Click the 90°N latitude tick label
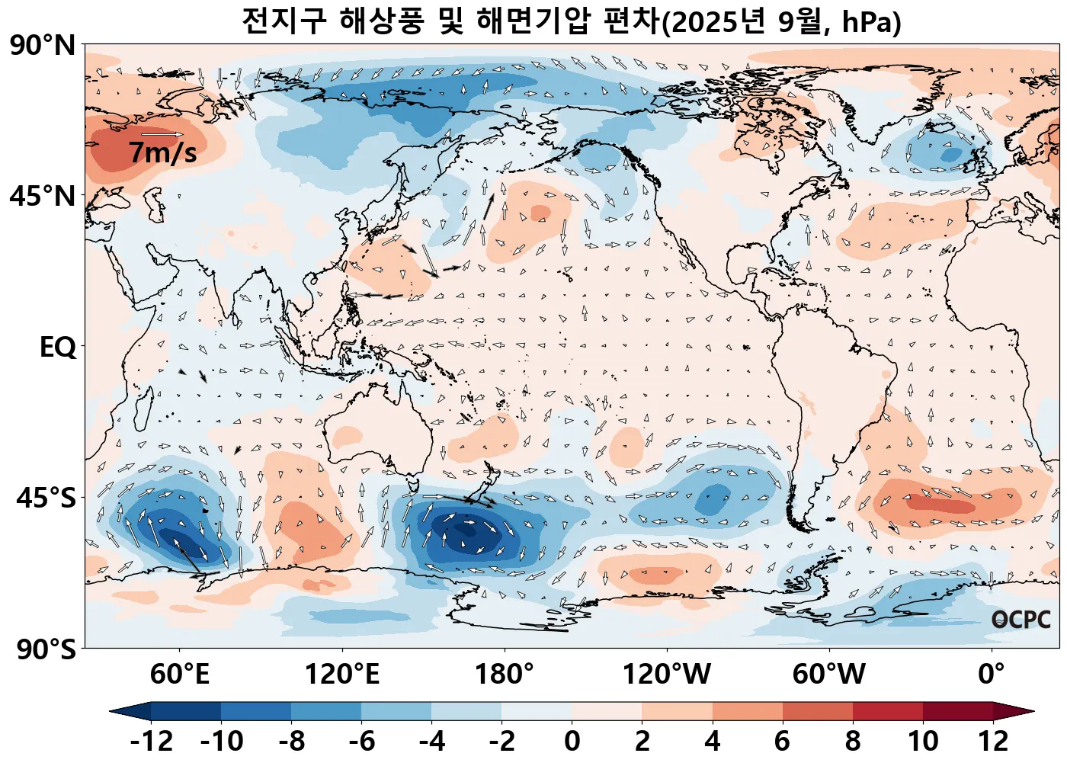tap(43, 45)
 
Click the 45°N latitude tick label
tap(43, 196)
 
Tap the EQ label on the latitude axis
tap(58, 348)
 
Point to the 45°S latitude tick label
tap(46, 498)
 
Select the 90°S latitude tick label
tap(46, 649)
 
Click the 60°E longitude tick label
tap(179, 675)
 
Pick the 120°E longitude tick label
tap(341, 675)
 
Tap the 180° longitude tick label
tap(504, 675)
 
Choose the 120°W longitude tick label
tap(666, 675)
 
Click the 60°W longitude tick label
tap(828, 675)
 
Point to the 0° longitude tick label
tap(991, 675)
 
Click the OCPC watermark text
tap(1021, 620)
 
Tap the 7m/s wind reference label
tap(162, 152)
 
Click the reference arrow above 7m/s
tap(162, 135)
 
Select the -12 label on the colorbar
tap(151, 741)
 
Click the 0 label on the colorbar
tap(572, 741)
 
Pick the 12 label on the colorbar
tap(993, 741)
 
